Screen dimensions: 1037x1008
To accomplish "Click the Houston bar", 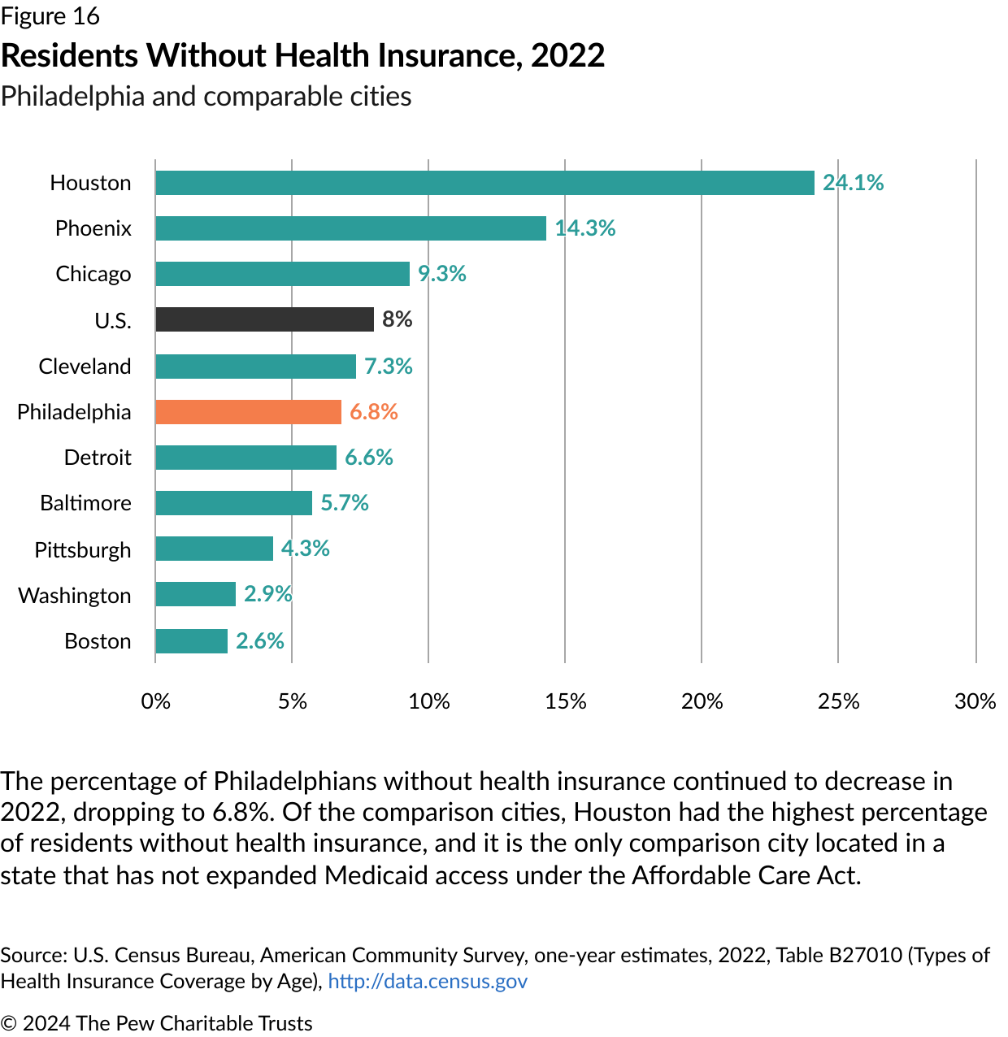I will coord(484,183).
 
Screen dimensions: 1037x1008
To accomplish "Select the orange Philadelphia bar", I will coord(248,412).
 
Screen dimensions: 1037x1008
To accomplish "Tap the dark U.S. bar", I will coord(264,319).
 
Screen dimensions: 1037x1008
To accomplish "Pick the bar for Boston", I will coord(191,641).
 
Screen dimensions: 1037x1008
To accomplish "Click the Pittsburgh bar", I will coord(214,549).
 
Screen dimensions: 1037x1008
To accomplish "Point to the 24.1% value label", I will coord(853,183).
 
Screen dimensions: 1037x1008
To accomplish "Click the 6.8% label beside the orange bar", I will coord(374,412).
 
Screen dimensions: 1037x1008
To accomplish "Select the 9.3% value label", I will coord(442,274).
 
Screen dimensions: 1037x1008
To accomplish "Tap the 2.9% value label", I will coord(267,594).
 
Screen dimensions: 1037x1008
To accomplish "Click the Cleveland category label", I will coord(85,367).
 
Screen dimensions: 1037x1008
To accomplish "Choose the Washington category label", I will coord(75,596).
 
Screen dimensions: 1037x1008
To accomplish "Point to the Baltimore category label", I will coord(85,503).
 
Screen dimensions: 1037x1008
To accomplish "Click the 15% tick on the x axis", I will coord(566,701).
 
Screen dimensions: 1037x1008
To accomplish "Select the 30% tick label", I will coord(975,701).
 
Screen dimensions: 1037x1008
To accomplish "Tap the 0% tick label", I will coord(156,701).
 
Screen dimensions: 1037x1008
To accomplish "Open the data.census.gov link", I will coord(428,982).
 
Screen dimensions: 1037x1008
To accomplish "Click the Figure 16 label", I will coord(50,16).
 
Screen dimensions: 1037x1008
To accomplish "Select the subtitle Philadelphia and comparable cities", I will coord(206,97).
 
